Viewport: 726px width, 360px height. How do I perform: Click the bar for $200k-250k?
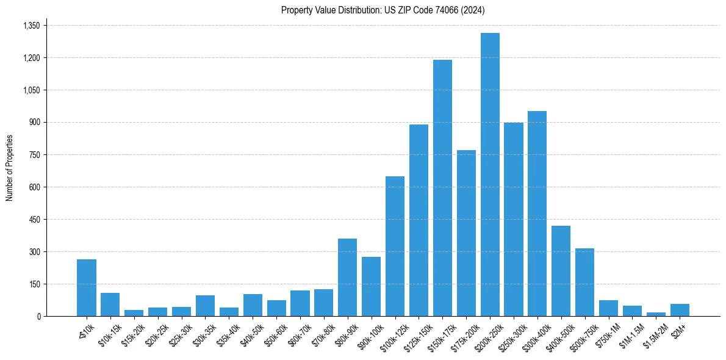(x=490, y=175)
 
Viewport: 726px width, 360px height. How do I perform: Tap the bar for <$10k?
(x=87, y=288)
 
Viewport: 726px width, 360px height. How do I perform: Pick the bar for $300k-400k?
(x=537, y=214)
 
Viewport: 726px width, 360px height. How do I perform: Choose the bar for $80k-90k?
(x=347, y=278)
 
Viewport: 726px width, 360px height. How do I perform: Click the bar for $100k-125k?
(x=395, y=247)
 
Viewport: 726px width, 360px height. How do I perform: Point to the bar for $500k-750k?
(x=584, y=283)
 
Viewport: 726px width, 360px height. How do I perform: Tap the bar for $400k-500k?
(x=561, y=271)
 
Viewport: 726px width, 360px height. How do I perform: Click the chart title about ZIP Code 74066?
(x=383, y=10)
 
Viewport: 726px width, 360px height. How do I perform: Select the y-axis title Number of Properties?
(x=10, y=168)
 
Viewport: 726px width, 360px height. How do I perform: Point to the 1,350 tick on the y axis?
(x=31, y=26)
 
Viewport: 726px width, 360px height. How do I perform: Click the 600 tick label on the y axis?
(x=35, y=187)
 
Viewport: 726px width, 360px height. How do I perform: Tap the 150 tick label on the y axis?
(x=35, y=284)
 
